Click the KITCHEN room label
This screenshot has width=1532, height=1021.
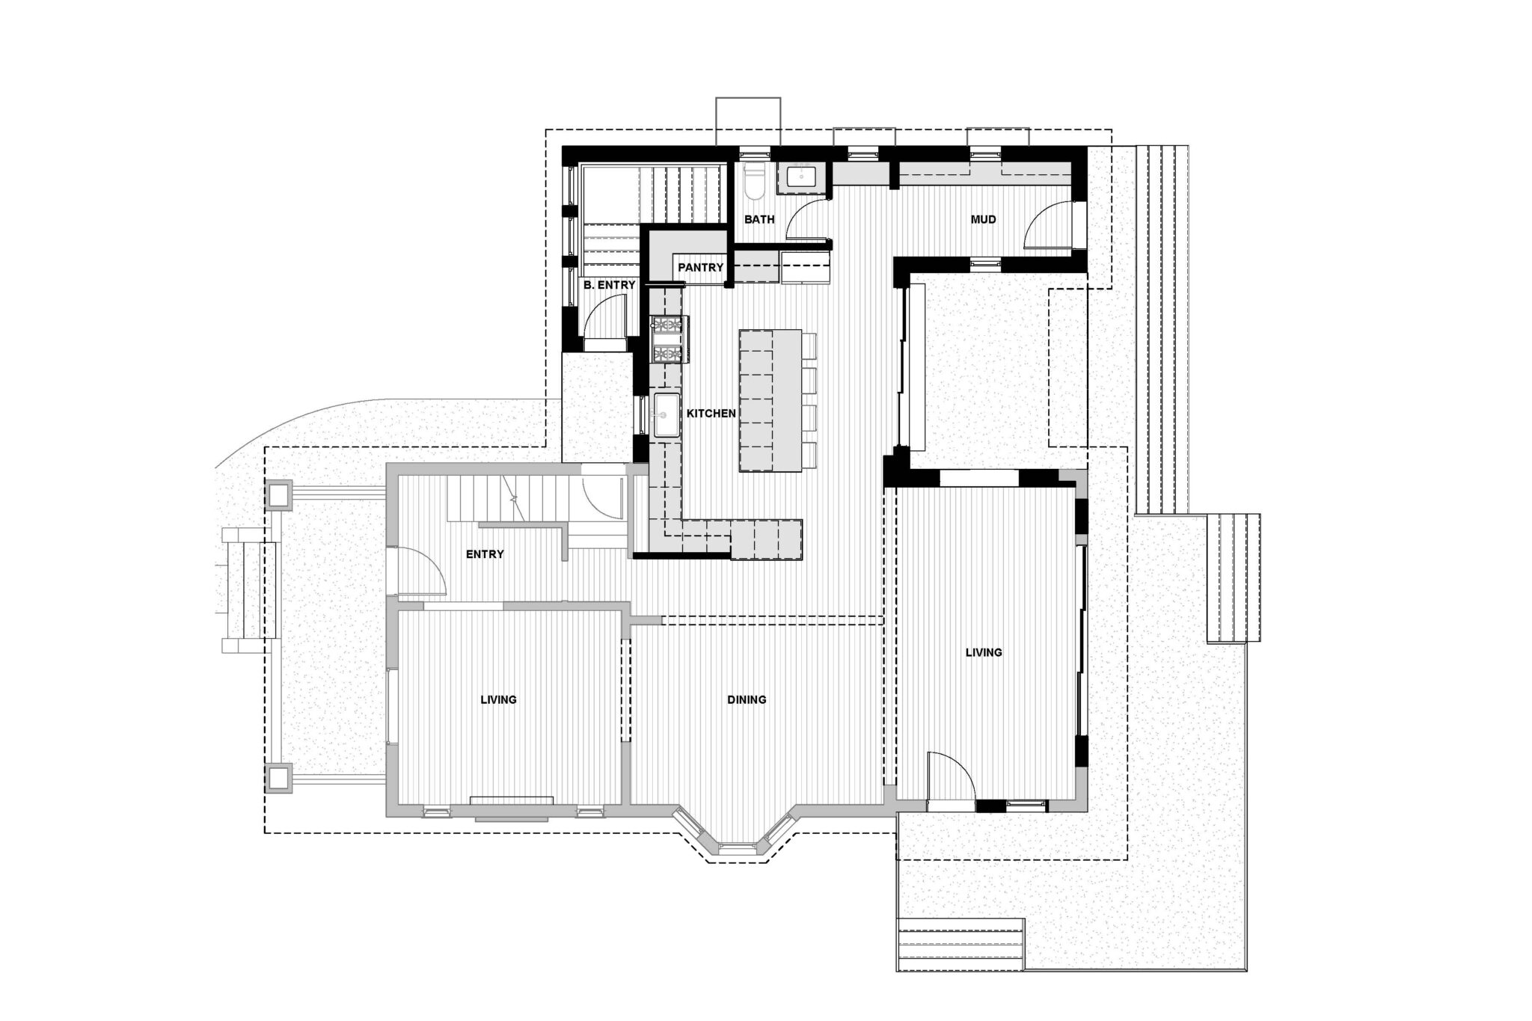pos(711,413)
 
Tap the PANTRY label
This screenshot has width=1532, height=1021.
pos(701,267)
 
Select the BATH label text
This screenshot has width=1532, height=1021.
pos(759,220)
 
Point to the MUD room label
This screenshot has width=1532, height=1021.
pos(983,220)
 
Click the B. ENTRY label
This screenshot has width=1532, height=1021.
pos(610,285)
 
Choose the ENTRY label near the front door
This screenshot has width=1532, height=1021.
pos(485,554)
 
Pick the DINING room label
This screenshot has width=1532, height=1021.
pos(747,700)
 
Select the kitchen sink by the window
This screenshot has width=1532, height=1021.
pos(667,415)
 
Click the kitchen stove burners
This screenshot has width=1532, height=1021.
pos(668,340)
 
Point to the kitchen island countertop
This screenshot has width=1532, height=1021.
pos(770,400)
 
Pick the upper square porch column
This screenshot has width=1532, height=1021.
pos(279,494)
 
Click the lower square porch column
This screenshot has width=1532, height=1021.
pos(279,777)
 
